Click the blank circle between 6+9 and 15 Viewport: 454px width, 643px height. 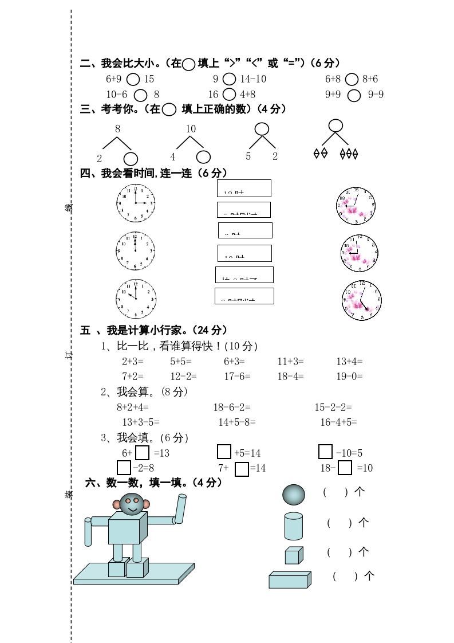[x=133, y=79]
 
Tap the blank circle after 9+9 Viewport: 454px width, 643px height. [x=354, y=95]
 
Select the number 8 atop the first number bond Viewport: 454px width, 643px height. [x=118, y=129]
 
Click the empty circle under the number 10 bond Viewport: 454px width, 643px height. [x=203, y=157]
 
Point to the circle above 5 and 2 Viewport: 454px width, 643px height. [x=262, y=129]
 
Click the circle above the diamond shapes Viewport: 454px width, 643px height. [x=335, y=126]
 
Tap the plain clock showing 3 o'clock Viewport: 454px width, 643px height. [x=136, y=203]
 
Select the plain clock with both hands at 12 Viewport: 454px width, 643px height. [x=136, y=250]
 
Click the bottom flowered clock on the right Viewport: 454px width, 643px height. [x=362, y=300]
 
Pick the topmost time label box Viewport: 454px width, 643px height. [x=244, y=188]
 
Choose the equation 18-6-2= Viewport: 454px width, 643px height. [x=232, y=407]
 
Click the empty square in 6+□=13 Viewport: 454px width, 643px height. [x=143, y=453]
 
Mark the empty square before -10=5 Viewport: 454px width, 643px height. [x=325, y=452]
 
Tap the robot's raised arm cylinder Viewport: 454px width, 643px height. [x=180, y=509]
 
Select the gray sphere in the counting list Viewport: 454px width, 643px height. [x=294, y=493]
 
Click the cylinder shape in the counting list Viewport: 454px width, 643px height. [x=293, y=526]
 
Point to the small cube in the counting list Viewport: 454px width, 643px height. [x=294, y=555]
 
